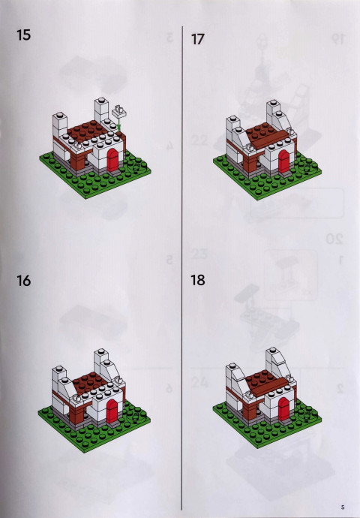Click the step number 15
(23, 35)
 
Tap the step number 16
(23, 281)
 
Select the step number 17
(198, 39)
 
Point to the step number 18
(198, 280)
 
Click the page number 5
(343, 507)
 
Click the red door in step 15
(112, 160)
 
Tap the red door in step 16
(112, 411)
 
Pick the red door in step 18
(283, 408)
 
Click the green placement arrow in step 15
(119, 124)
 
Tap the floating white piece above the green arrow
(118, 111)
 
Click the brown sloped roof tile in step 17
(268, 140)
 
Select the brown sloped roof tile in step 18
(268, 387)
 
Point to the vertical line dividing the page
(181, 267)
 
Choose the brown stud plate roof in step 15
(86, 129)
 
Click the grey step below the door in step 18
(285, 422)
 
